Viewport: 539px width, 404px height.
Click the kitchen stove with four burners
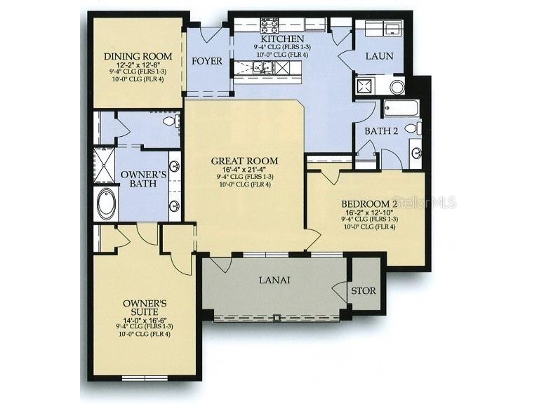point(269,25)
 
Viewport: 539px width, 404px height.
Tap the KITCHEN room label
point(279,39)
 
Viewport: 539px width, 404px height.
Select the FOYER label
point(207,61)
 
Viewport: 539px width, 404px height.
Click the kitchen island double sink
point(263,67)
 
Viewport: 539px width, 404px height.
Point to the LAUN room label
point(379,55)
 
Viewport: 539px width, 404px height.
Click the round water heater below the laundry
point(397,87)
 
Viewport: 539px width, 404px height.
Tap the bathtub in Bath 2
point(401,108)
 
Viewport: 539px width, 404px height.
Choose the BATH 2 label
point(381,130)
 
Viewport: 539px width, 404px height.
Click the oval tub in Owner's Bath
point(107,203)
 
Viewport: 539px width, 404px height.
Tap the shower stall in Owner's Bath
point(105,163)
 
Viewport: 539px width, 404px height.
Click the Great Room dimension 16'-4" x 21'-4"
point(245,169)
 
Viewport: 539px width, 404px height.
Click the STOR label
point(363,290)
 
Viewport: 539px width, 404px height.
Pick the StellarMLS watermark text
point(424,202)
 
